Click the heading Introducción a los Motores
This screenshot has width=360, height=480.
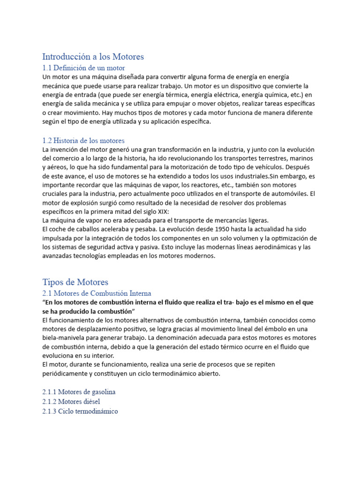pos(93,57)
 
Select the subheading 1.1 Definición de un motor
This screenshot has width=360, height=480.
pos(83,68)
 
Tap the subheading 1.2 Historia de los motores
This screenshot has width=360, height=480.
pos(83,141)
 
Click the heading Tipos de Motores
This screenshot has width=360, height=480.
pos(75,282)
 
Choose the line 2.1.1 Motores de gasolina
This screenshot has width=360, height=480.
pos(79,391)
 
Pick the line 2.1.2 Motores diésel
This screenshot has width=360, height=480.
pos(71,402)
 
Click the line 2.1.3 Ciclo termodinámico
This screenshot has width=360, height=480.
pos(80,412)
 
